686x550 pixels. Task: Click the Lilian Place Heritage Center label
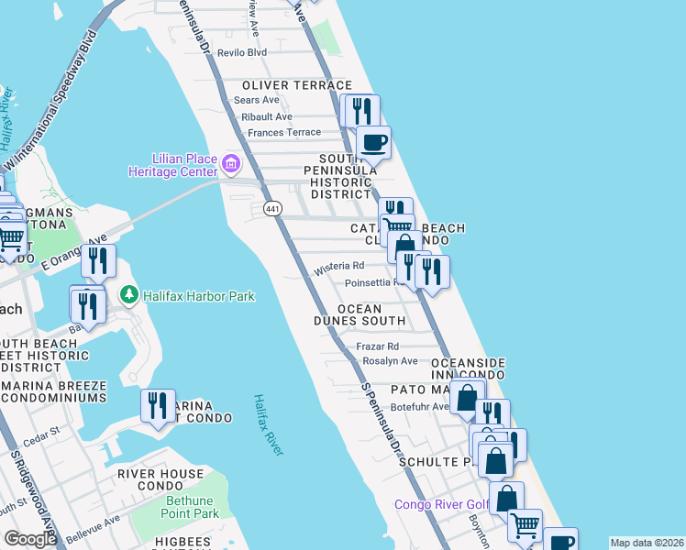click(173, 165)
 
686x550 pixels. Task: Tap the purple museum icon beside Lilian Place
click(230, 165)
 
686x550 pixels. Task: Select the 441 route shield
click(272, 210)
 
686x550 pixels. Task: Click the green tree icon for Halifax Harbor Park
click(129, 296)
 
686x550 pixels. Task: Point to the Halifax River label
click(269, 423)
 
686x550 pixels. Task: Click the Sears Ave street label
click(257, 100)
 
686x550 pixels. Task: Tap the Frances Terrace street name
click(284, 133)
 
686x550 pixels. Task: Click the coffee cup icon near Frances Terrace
click(373, 143)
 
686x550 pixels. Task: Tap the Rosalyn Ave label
click(389, 361)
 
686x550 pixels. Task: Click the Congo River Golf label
click(440, 504)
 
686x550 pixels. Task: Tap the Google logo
click(30, 539)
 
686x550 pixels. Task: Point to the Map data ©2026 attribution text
click(647, 543)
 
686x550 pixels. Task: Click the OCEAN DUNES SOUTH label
click(360, 314)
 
